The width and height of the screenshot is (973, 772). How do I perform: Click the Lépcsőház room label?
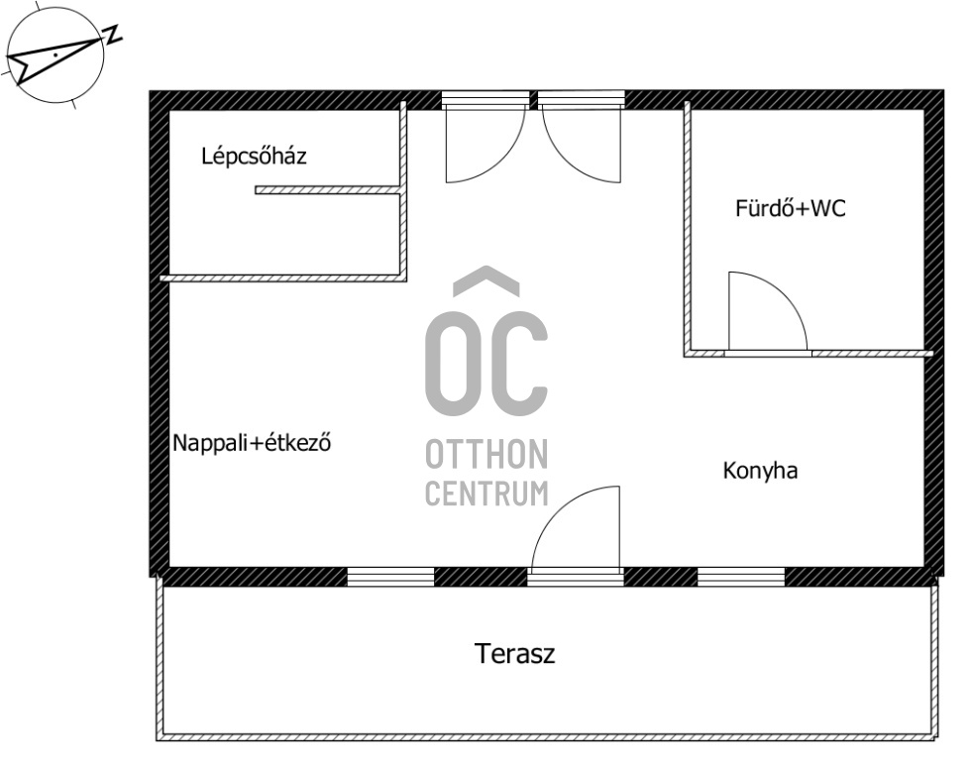pos(254,156)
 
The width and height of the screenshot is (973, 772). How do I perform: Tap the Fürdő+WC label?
pos(791,208)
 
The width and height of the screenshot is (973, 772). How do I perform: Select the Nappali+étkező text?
pos(252,443)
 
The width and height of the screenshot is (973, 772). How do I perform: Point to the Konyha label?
pos(760,471)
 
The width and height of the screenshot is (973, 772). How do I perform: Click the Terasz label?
pos(514,654)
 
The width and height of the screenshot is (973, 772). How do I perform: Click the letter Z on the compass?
pos(113,35)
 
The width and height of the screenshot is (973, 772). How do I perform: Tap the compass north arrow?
pos(54,59)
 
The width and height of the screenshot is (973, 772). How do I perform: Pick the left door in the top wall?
pos(485,138)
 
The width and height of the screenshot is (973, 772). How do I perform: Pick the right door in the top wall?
pos(582,138)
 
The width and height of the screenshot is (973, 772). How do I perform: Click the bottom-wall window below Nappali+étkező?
pos(390,577)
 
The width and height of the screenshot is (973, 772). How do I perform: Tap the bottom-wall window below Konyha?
pos(741,577)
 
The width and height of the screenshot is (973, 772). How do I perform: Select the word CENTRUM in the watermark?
pos(486,493)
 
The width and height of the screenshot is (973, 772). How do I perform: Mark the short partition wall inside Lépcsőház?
pos(328,190)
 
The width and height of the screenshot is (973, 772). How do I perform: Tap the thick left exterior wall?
pos(160,334)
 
